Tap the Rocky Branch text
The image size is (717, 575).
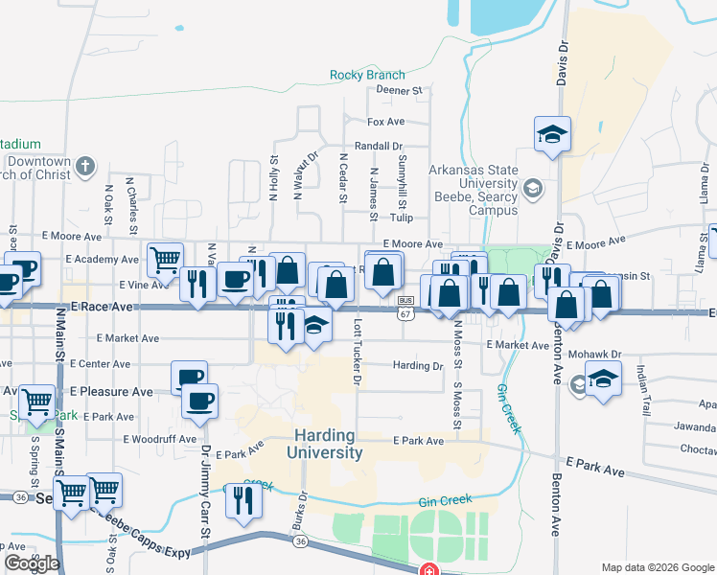click(367, 75)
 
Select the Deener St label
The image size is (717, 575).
click(400, 91)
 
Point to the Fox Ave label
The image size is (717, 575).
click(386, 123)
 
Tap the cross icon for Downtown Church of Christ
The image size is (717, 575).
click(84, 167)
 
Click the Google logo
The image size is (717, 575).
click(32, 563)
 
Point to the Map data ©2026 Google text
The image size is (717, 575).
click(658, 566)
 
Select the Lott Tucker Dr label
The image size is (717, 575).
click(356, 355)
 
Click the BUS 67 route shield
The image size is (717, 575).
click(406, 307)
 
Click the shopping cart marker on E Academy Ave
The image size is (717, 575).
click(165, 258)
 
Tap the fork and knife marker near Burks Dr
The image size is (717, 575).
click(243, 498)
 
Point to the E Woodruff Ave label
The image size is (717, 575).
click(166, 439)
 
